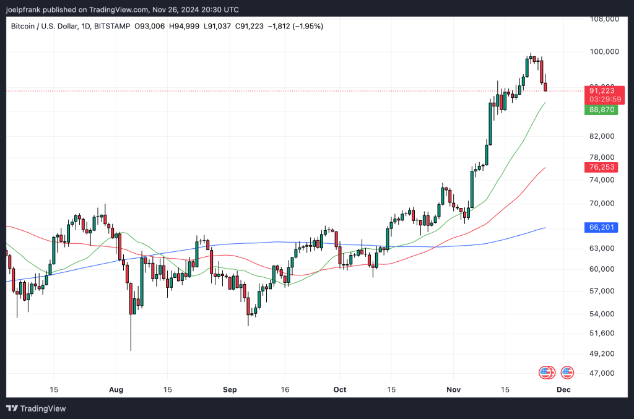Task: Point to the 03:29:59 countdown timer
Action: pyautogui.click(x=606, y=99)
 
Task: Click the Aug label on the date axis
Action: pyautogui.click(x=116, y=390)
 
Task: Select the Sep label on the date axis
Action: pyautogui.click(x=230, y=390)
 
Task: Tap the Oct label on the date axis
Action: pyautogui.click(x=340, y=390)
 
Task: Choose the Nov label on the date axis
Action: pyautogui.click(x=455, y=390)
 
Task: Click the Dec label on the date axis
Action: pyautogui.click(x=563, y=390)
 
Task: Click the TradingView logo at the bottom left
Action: pyautogui.click(x=36, y=408)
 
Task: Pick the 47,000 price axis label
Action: pyautogui.click(x=604, y=373)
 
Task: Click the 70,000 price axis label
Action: pyautogui.click(x=604, y=203)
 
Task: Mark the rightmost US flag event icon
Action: pyautogui.click(x=567, y=373)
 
